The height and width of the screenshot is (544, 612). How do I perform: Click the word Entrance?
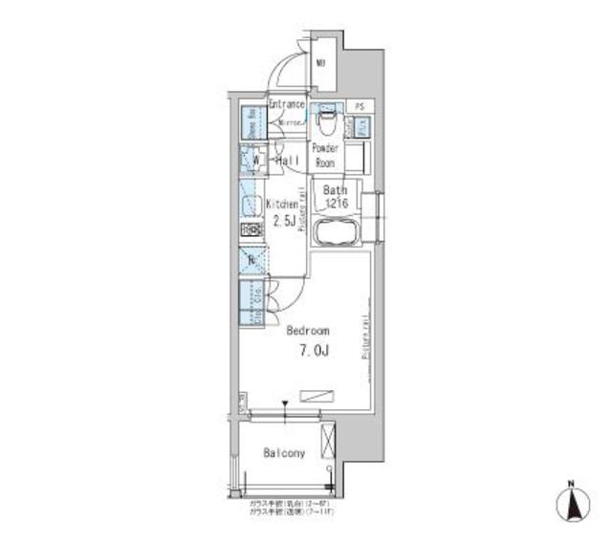287,104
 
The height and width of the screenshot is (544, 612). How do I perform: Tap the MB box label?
322,64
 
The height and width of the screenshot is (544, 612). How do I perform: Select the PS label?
360,106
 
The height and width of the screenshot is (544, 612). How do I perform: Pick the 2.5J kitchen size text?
284,221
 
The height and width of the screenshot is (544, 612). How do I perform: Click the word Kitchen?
283,204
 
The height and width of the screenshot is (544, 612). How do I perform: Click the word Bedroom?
308,332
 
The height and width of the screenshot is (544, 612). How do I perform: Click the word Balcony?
284,453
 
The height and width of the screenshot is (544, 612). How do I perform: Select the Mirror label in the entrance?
291,122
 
